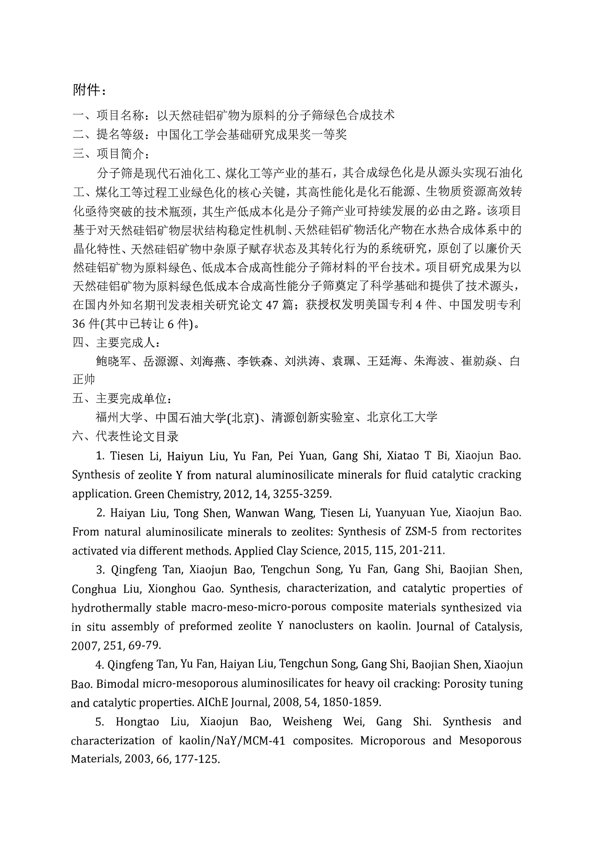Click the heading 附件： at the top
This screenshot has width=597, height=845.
point(89,89)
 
